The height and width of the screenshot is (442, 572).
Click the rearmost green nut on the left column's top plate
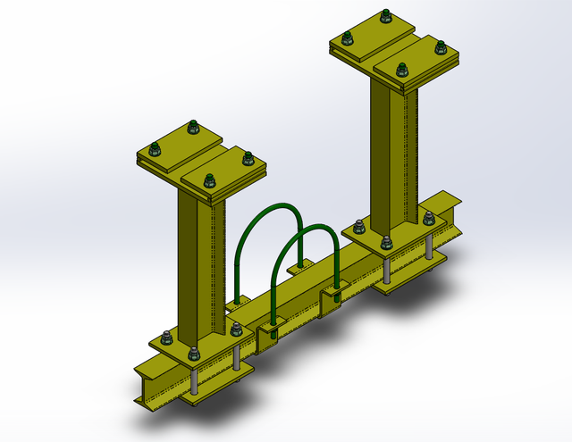click(x=191, y=129)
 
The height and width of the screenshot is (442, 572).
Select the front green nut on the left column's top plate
click(x=208, y=178)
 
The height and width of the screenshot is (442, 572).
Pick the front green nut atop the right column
click(x=402, y=69)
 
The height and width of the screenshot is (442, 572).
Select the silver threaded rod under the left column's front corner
click(x=194, y=382)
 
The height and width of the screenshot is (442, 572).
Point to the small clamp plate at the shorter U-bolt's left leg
click(x=271, y=335)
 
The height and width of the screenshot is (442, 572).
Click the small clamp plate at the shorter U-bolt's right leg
click(x=335, y=294)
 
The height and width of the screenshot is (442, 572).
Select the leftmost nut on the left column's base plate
click(x=166, y=338)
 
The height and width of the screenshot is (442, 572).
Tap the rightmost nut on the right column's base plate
click(x=429, y=218)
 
